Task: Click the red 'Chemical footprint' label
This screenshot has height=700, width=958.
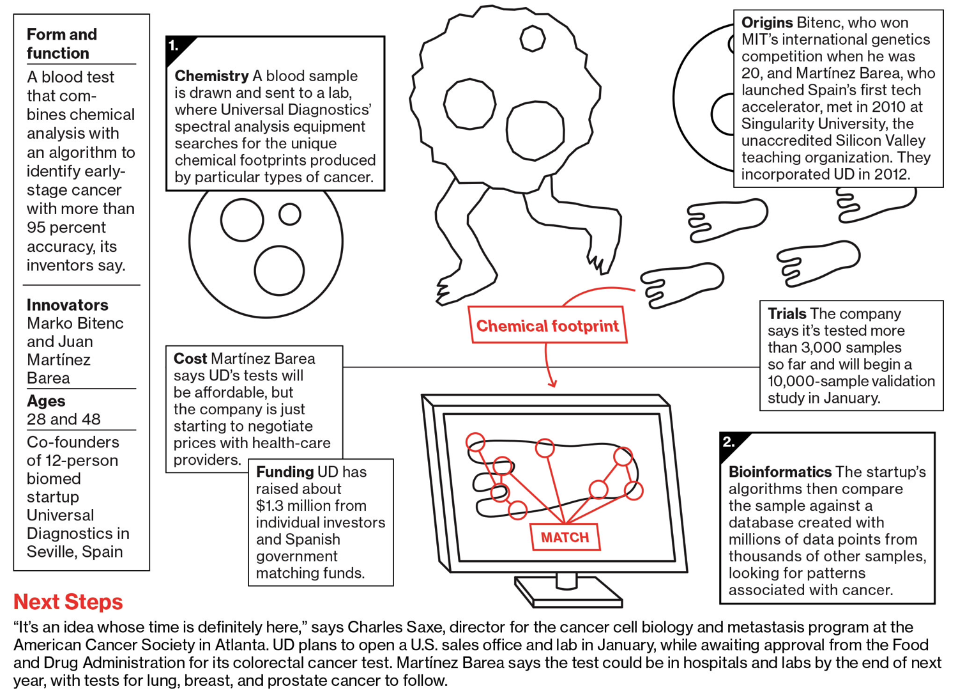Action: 547,326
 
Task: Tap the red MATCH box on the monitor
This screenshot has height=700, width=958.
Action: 565,537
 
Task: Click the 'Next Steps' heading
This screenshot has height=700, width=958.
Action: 68,602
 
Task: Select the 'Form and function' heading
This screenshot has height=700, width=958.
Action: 62,43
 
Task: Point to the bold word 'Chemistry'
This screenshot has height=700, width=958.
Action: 211,76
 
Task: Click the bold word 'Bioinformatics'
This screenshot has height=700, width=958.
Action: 779,472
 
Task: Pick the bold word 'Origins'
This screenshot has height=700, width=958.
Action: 767,23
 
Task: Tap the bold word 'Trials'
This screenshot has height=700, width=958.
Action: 787,314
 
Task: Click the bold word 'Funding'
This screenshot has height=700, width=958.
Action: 284,472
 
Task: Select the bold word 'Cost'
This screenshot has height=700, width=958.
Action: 190,359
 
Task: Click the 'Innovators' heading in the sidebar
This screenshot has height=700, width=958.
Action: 68,305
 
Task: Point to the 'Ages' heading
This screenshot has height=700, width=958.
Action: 46,401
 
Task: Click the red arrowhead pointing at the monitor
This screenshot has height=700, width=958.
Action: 552,383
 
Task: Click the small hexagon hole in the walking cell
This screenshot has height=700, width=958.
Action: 532,38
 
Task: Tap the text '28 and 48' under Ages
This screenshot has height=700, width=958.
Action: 64,419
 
